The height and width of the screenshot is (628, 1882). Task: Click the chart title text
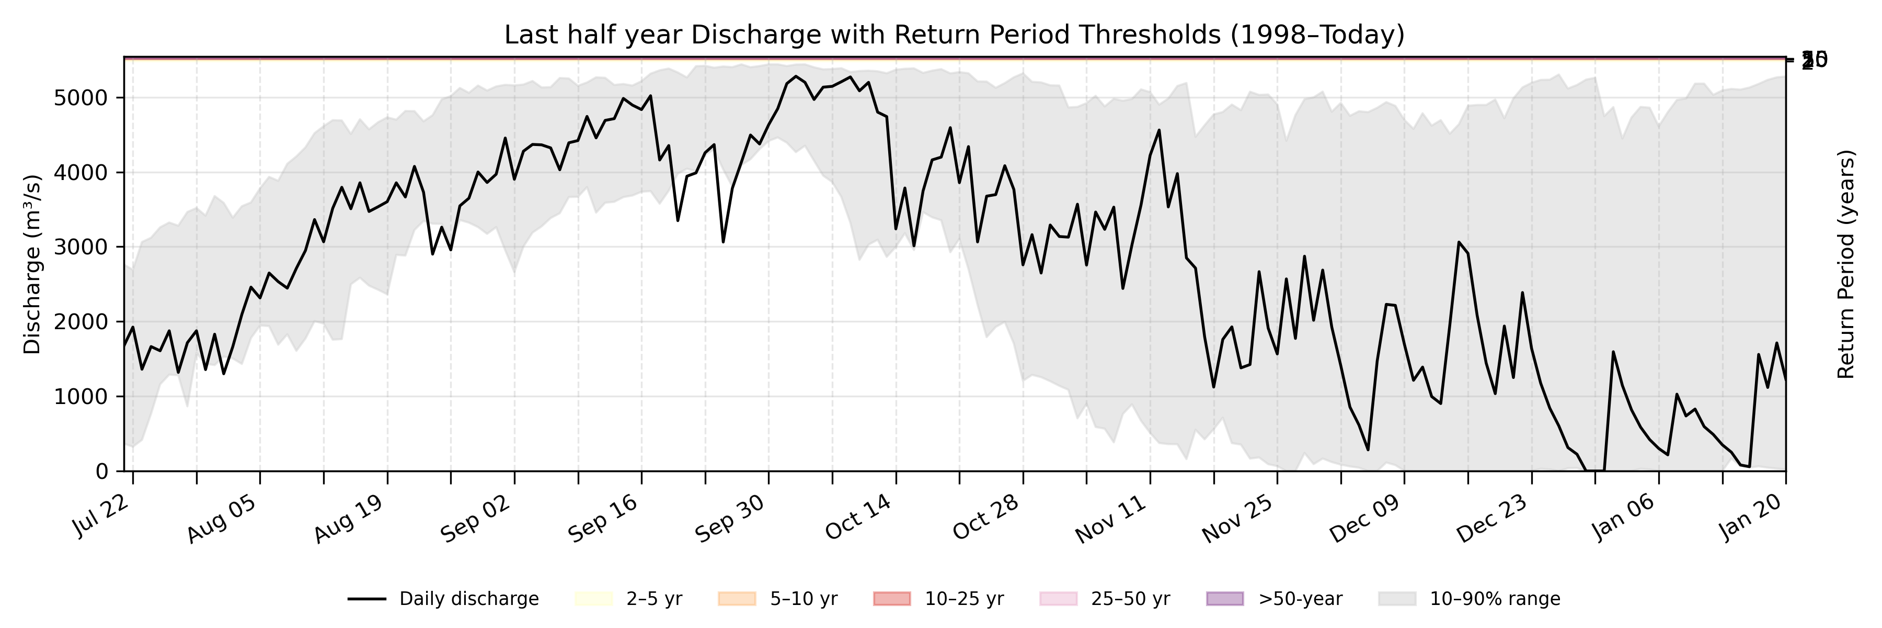(x=954, y=35)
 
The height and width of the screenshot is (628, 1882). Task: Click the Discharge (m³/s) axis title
(x=32, y=265)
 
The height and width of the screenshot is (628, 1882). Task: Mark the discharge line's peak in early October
(x=796, y=76)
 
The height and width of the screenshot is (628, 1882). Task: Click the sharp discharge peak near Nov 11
(x=1160, y=130)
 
